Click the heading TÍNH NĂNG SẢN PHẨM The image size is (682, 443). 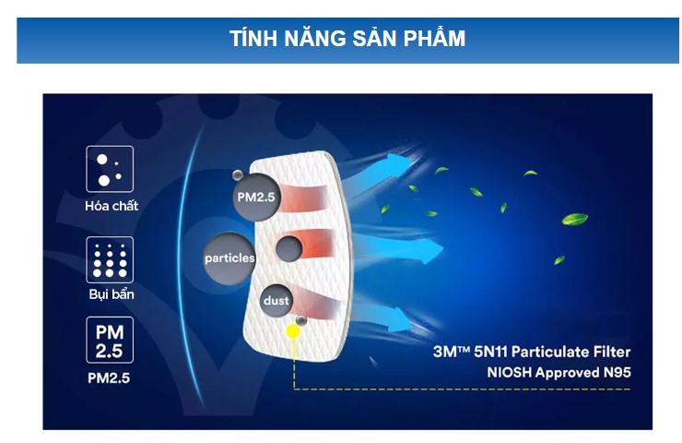[347, 39]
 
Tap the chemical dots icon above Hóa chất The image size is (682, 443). [110, 169]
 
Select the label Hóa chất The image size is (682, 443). [112, 206]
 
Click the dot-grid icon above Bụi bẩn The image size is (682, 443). [110, 260]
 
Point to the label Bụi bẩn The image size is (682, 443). [112, 294]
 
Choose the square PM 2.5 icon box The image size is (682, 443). [110, 341]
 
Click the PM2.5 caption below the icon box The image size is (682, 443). [109, 377]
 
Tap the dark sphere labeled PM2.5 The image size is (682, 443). [256, 198]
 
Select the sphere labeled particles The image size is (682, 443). [229, 258]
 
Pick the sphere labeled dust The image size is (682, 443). [276, 301]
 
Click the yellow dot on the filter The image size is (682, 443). [293, 332]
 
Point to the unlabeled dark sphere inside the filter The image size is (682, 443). [288, 249]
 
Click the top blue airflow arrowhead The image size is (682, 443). [400, 163]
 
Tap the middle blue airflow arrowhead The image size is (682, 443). [429, 251]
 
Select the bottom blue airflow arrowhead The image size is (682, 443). [399, 320]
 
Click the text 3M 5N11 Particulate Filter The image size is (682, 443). [532, 352]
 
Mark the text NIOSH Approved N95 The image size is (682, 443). [559, 373]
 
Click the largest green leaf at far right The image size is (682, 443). [574, 218]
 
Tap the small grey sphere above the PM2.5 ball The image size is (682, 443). [238, 175]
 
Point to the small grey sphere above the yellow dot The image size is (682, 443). [301, 320]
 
